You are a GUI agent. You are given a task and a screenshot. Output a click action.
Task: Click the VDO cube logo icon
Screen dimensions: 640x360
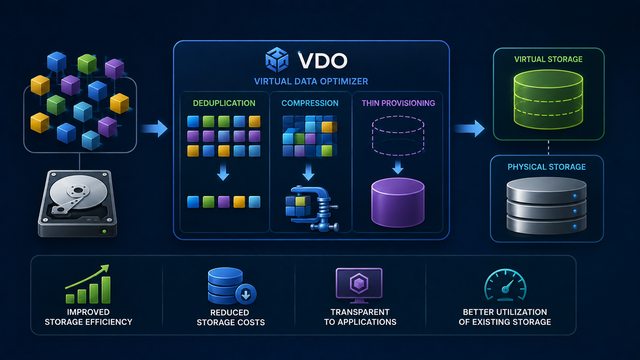277,60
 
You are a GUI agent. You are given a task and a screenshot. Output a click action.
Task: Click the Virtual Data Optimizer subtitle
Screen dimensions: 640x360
311,81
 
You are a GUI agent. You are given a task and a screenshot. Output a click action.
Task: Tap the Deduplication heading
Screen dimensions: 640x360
224,103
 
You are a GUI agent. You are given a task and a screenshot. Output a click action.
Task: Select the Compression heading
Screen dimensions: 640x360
310,103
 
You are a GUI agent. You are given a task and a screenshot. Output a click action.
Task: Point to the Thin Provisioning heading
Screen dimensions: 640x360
398,103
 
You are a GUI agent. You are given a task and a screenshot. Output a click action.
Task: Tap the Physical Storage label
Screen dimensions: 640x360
547,167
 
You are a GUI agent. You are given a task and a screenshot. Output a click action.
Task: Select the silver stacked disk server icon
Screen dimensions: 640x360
546,205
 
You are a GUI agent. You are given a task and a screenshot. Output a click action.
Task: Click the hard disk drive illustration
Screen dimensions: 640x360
77,204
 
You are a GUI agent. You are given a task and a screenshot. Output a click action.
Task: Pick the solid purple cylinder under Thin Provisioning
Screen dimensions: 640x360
398,202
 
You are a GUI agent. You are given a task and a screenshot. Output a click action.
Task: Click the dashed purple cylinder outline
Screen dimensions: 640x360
398,135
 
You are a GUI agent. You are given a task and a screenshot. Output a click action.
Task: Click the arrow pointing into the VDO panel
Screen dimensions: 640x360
154,129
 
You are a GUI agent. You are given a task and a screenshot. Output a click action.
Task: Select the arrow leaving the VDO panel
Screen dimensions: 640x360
469,129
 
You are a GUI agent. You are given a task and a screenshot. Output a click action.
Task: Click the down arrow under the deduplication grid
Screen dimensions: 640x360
223,172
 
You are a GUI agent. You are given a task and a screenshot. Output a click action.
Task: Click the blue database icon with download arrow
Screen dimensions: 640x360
232,286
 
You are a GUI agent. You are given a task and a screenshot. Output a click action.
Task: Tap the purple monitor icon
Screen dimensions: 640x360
359,285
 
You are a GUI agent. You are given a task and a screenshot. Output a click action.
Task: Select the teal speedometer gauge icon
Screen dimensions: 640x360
505,285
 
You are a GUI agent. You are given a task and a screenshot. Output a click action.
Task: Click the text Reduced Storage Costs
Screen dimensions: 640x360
230,318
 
